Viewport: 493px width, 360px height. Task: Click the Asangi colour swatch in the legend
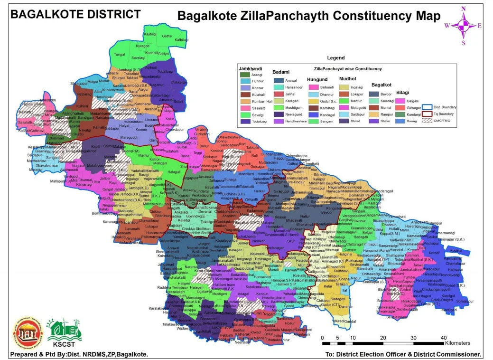click(245, 75)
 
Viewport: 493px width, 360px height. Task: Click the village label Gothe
click(167, 36)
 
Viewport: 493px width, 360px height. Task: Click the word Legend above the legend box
click(335, 57)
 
